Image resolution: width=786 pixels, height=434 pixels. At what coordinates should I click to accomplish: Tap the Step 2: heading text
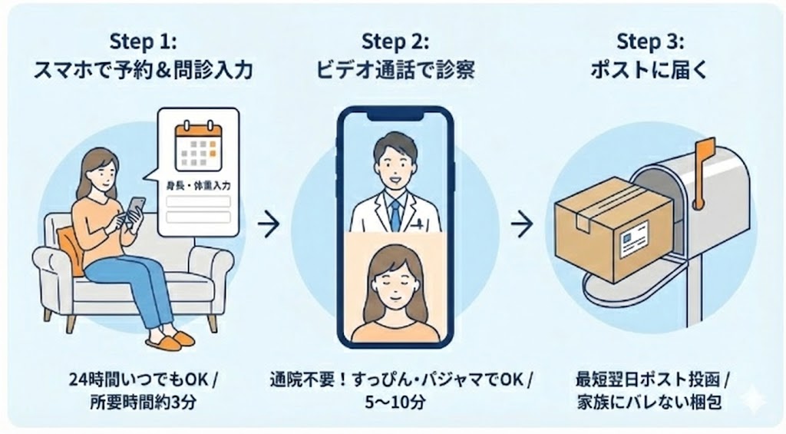[396, 40]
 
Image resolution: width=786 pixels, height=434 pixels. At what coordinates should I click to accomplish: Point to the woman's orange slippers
[168, 339]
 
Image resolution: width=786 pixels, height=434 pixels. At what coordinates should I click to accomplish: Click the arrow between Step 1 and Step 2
[268, 225]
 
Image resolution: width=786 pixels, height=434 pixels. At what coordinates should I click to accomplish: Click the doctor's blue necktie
[395, 214]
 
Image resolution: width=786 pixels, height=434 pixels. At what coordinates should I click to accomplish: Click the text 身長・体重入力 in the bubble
[197, 185]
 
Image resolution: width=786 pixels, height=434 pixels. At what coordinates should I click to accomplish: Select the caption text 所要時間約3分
[144, 401]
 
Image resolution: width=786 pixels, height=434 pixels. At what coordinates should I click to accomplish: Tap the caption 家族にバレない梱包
[652, 401]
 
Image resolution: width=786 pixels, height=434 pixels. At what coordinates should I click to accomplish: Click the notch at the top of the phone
[395, 115]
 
